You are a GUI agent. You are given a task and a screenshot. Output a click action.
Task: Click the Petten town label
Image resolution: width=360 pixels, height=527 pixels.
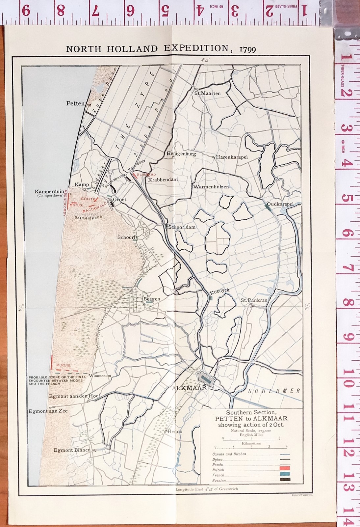(x=75, y=103)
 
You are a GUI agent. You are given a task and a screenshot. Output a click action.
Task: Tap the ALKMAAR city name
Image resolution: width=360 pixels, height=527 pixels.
(x=190, y=388)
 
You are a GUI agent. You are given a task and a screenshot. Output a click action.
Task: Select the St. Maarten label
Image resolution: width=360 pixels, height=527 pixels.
(x=207, y=93)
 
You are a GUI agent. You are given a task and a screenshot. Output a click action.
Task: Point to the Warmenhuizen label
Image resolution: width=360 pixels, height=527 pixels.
(x=211, y=186)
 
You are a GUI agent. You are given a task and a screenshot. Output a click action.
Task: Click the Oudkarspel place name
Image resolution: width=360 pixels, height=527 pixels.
(x=280, y=204)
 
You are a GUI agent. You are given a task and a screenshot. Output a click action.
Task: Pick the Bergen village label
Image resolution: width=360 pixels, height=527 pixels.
(x=152, y=299)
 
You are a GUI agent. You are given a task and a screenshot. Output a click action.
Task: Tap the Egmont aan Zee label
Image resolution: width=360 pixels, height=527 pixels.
(x=48, y=411)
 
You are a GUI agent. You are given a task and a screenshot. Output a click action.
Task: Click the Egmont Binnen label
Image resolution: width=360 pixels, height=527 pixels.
(x=72, y=450)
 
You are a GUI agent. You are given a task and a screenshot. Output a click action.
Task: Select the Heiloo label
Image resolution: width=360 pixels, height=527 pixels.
(x=175, y=431)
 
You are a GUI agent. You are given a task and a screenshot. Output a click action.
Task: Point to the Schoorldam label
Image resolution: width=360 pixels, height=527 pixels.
(x=182, y=227)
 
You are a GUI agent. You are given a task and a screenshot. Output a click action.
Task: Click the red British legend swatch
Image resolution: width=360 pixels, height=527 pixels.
(x=285, y=469)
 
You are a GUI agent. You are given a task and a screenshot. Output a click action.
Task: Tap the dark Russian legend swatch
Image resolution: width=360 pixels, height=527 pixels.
(x=285, y=480)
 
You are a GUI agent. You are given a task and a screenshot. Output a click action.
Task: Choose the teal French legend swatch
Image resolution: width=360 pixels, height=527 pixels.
(x=285, y=474)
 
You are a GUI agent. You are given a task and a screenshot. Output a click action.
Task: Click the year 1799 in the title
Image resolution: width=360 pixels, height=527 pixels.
(x=247, y=50)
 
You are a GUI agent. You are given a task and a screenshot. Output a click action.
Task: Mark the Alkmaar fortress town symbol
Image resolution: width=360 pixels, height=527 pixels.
(x=205, y=377)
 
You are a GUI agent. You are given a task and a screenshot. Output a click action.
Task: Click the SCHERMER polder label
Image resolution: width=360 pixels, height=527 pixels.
(x=274, y=391)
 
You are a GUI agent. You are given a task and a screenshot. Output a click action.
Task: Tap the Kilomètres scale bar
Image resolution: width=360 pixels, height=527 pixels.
(x=251, y=447)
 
